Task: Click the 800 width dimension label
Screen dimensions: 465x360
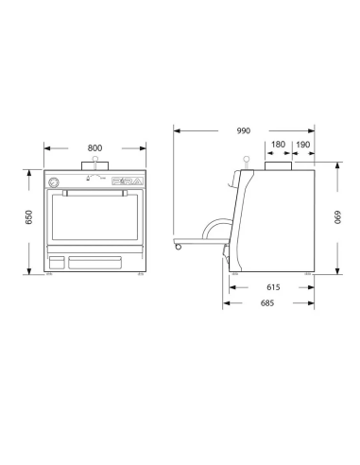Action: (x=95, y=147)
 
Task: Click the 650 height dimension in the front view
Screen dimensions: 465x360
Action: (x=29, y=216)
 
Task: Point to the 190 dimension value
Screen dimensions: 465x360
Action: (x=304, y=146)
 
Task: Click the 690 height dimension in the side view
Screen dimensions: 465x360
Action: (x=336, y=216)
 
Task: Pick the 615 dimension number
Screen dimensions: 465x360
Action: (x=272, y=285)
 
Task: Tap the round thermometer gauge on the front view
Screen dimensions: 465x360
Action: (x=55, y=181)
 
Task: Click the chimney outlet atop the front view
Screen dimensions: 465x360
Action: (x=95, y=169)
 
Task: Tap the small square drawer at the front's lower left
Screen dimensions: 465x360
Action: (x=57, y=261)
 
